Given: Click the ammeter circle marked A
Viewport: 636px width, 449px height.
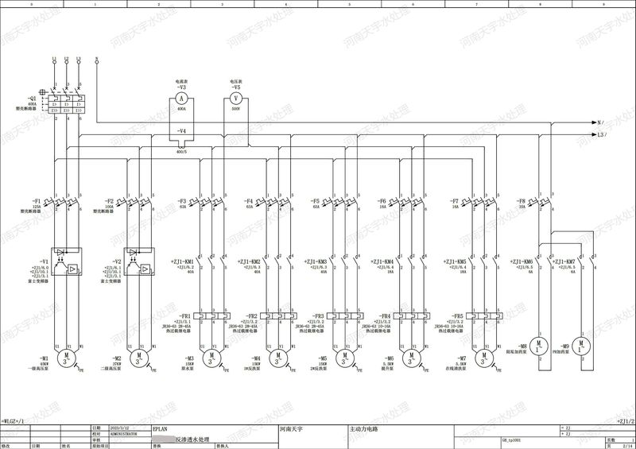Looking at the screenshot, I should (181, 97).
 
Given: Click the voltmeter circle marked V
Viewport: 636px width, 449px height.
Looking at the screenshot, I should (235, 97).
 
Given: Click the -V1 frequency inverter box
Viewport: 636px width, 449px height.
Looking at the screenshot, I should (64, 266).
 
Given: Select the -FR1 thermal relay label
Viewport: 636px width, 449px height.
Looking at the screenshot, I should (186, 315).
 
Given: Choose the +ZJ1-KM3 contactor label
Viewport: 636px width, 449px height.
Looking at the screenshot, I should (316, 261).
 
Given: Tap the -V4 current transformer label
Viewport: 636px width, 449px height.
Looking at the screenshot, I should (181, 130).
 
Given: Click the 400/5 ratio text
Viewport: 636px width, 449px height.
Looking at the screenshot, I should (181, 151).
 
